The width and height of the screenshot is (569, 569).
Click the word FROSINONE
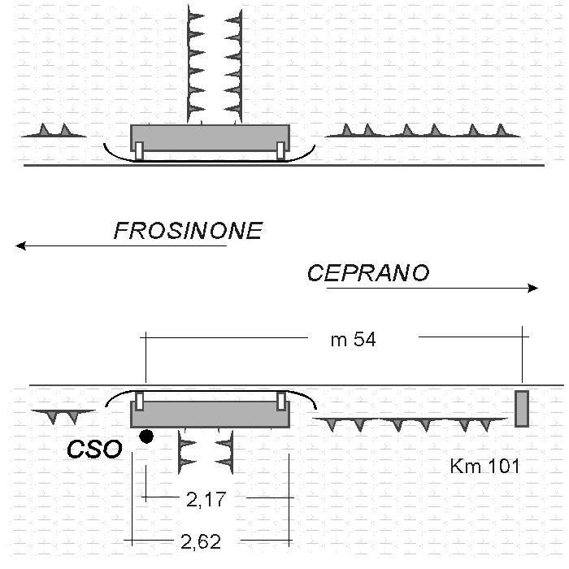pos(188,231)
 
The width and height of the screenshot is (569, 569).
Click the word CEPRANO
pos(367,273)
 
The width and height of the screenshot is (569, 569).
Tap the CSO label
pos(95,448)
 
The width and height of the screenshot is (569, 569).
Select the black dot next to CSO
pos(146,437)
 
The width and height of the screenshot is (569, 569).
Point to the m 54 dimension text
pos(353,340)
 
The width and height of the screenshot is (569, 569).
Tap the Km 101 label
pos(484,467)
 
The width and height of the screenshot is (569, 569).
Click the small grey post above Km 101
pos(522,408)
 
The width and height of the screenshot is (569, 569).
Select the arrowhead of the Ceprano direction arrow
pos(533,288)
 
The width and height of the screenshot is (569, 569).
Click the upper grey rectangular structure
pos(210,136)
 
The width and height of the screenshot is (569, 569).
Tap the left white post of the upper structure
pos(139,151)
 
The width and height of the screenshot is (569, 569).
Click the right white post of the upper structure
pos(281,151)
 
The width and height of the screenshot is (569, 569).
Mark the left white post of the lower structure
pos(139,401)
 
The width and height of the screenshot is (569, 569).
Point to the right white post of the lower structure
pos(281,401)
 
